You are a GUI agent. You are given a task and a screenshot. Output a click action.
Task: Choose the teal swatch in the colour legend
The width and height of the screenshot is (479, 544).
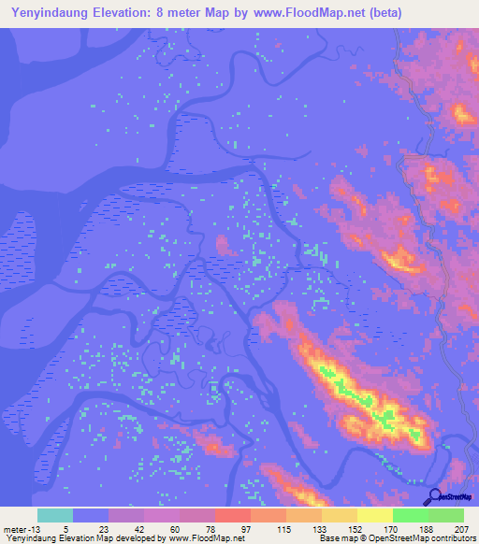55,515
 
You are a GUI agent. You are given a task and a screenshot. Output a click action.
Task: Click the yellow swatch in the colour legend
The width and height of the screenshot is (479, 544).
374,515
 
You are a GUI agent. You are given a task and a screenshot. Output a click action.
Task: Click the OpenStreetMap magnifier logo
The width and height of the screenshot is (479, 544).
435,495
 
